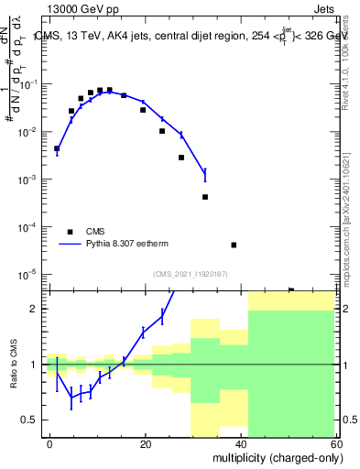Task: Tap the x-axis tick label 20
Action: pyautogui.click(x=146, y=442)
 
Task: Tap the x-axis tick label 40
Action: pyautogui.click(x=241, y=442)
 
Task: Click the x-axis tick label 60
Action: pyautogui.click(x=336, y=442)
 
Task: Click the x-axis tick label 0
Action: pyautogui.click(x=50, y=442)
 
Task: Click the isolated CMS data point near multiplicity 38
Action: pyautogui.click(x=234, y=245)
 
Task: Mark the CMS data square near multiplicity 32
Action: pyautogui.click(x=205, y=197)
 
